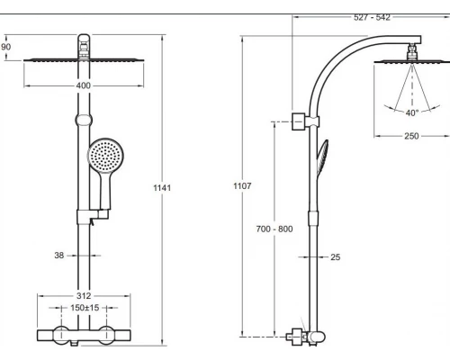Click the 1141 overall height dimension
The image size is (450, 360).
point(162,188)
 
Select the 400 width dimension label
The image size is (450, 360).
point(83,85)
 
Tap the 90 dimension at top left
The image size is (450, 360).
point(5,47)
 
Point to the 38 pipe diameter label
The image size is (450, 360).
point(59,256)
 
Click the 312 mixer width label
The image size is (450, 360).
point(84,296)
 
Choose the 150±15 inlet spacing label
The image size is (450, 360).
point(85,308)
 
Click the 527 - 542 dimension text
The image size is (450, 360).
point(372,17)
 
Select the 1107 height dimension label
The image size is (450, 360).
point(242,186)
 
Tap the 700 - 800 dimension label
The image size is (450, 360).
point(274,229)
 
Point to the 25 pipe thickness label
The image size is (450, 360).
point(336,257)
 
